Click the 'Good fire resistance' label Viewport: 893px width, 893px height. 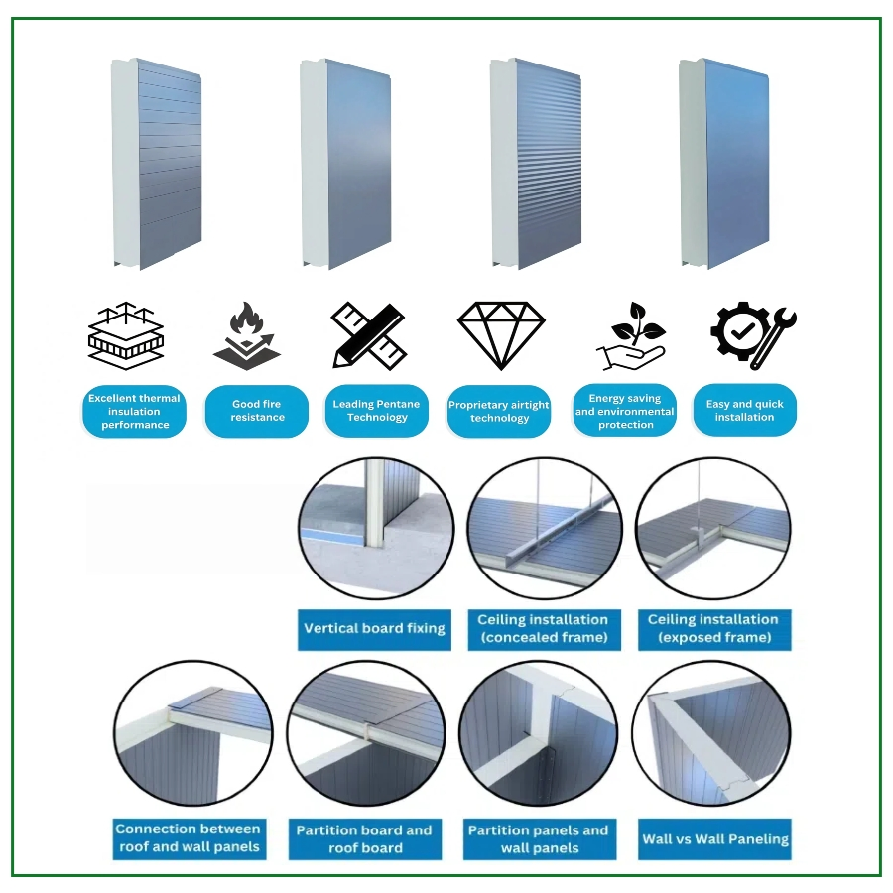tap(257, 411)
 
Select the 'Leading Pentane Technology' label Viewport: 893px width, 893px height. tap(376, 411)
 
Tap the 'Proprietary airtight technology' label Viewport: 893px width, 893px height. tap(499, 412)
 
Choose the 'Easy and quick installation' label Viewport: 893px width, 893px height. tap(744, 411)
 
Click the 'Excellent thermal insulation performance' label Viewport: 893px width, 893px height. tap(134, 411)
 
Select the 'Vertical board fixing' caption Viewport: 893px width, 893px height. tap(374, 628)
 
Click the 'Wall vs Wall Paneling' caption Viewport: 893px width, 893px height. tap(715, 839)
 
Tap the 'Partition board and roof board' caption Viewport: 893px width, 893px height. tap(364, 839)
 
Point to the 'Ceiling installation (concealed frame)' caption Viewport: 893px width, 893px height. tap(543, 628)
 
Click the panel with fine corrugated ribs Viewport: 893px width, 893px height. tap(536, 164)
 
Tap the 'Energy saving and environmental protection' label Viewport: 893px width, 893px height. tap(625, 411)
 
